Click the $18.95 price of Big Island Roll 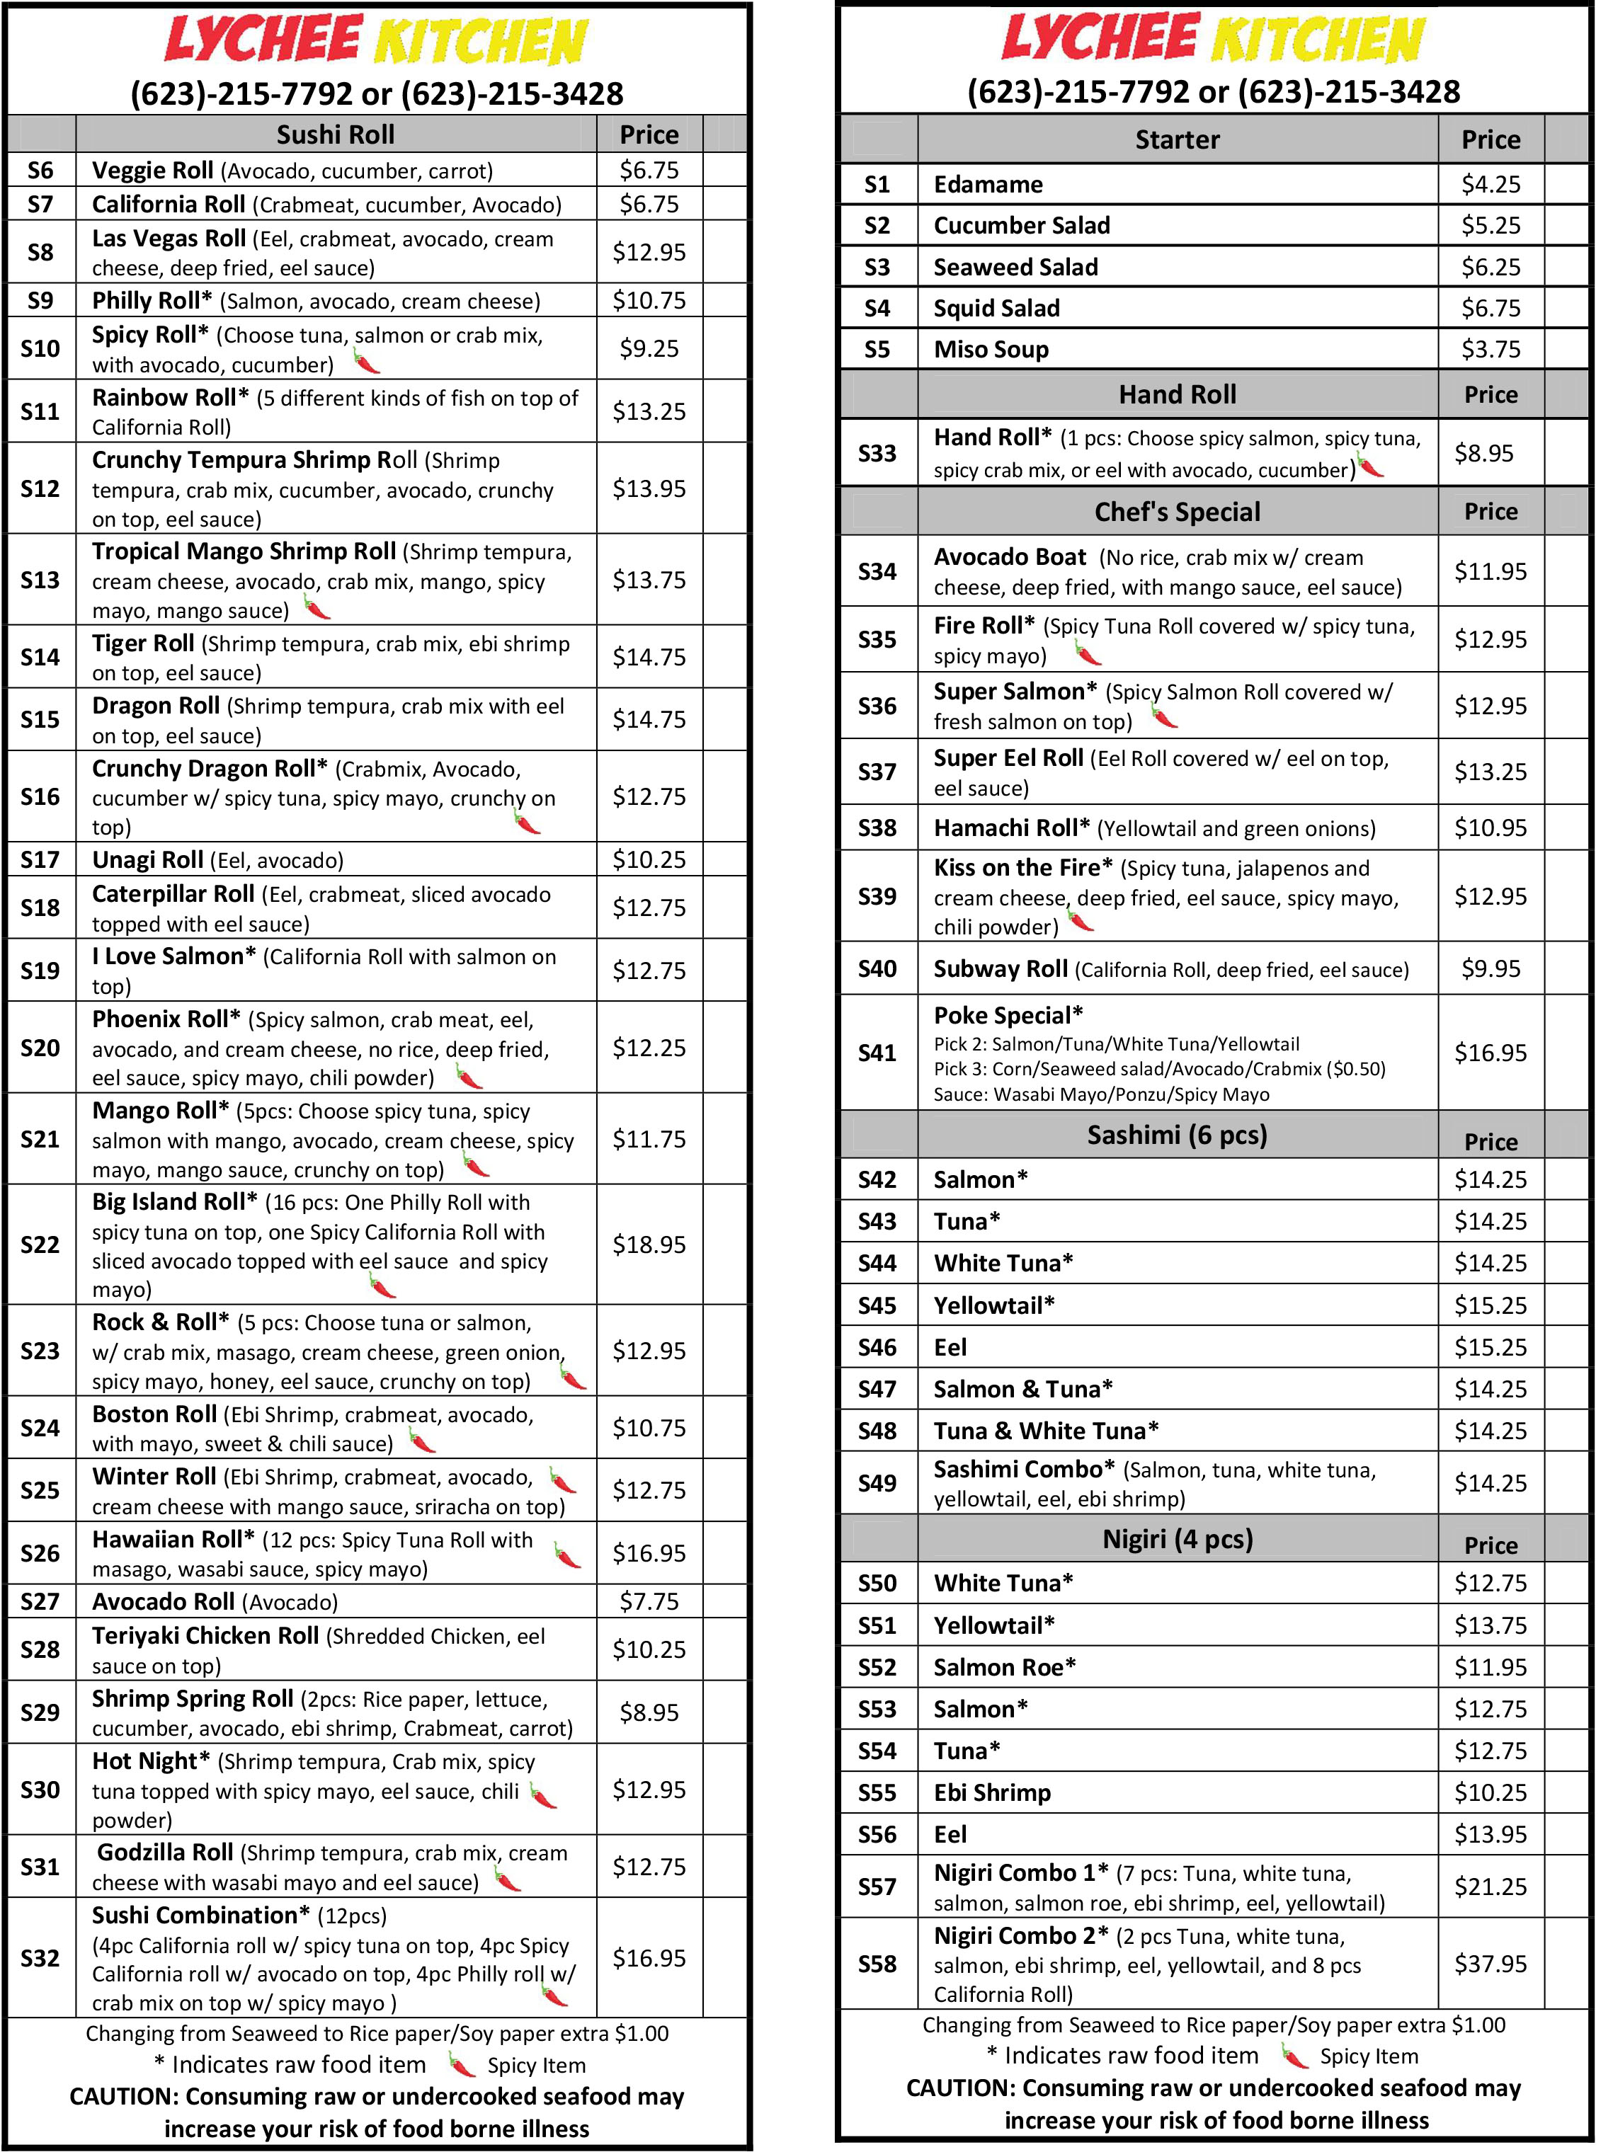click(x=649, y=1244)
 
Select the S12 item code click(x=40, y=488)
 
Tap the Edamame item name click(x=988, y=185)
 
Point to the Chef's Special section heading click(x=1176, y=512)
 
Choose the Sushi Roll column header click(x=336, y=134)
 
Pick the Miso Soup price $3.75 click(x=1490, y=349)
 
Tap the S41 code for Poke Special click(x=877, y=1053)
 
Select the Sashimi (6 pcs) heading click(x=1176, y=1135)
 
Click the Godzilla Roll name click(x=164, y=1853)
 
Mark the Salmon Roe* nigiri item click(x=1004, y=1668)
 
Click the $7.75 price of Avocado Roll click(x=649, y=1601)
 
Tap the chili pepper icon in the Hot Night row click(x=543, y=1795)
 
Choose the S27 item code click(x=40, y=1601)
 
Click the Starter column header click(x=1176, y=140)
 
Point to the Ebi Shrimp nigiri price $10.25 click(x=1490, y=1792)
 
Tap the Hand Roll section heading click(x=1176, y=395)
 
